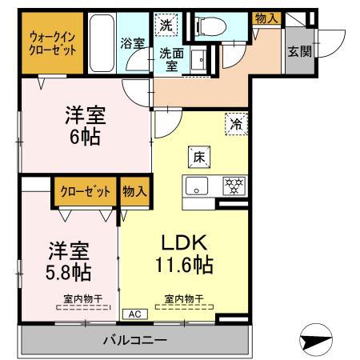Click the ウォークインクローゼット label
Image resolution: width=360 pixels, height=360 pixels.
pyautogui.click(x=52, y=42)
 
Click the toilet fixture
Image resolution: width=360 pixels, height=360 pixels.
pyautogui.click(x=207, y=26)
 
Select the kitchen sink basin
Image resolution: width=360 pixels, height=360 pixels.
pyautogui.click(x=195, y=189)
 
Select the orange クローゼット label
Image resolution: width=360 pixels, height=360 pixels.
pyautogui.click(x=84, y=192)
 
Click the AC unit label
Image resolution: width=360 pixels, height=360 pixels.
pyautogui.click(x=133, y=314)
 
